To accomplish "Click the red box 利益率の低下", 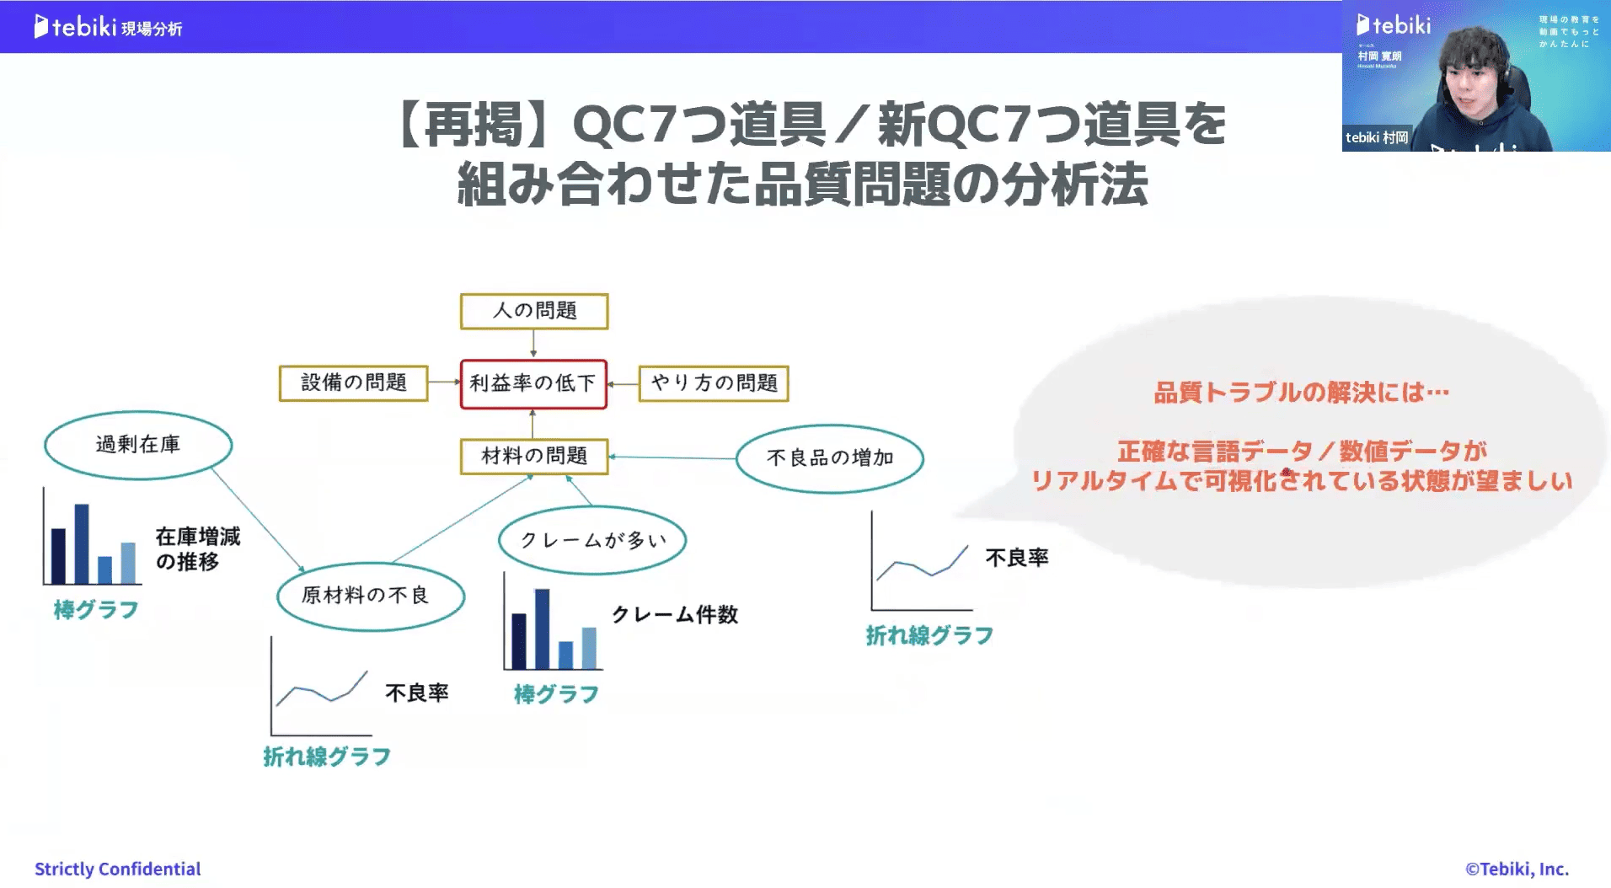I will (533, 384).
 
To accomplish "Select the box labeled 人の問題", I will (534, 311).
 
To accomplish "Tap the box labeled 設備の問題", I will (354, 383).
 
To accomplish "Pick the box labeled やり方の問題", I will (714, 383).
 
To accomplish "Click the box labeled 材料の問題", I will (534, 457).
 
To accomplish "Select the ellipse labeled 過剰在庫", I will (138, 445).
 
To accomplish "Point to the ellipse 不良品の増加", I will (830, 458).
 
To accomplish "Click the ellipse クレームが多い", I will (592, 540).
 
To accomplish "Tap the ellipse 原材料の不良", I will (371, 596).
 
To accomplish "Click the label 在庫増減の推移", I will (198, 548).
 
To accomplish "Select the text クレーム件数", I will (675, 615).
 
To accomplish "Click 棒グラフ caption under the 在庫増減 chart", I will (96, 610).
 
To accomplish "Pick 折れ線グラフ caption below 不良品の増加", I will (929, 636).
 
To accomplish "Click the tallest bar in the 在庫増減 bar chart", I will (82, 543).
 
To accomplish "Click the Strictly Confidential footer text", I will (117, 869).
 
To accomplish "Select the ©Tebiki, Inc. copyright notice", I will (1517, 869).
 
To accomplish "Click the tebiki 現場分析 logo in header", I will (108, 27).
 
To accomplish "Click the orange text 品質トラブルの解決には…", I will (1301, 393).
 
